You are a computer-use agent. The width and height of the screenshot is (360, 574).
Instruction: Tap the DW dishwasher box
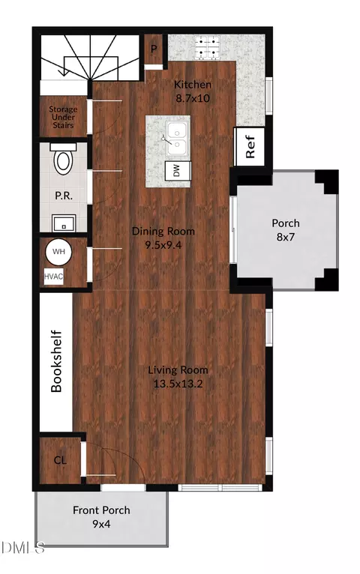(178, 171)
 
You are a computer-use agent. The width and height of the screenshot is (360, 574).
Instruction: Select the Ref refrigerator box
(249, 147)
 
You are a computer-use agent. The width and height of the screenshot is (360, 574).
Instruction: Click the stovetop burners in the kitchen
(207, 48)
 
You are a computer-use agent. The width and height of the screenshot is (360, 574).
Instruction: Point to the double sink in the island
(176, 139)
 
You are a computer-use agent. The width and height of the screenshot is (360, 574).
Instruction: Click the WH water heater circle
(58, 252)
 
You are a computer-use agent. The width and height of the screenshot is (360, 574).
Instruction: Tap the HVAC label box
(53, 277)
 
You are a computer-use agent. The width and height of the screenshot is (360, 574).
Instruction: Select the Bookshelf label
(56, 361)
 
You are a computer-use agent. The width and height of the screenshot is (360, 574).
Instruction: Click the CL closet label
(60, 460)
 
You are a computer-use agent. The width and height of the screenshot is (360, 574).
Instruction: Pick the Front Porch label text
(101, 510)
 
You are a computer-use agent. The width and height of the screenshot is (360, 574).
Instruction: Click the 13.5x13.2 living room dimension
(178, 384)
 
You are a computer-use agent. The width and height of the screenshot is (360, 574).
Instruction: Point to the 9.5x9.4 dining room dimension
(163, 245)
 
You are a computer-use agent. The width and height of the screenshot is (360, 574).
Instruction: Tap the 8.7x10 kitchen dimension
(193, 98)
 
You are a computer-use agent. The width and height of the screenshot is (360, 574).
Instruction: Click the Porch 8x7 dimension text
(285, 238)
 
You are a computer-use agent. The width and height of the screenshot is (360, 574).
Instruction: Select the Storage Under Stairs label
(63, 117)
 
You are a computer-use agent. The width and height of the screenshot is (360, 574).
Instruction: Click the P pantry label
(154, 49)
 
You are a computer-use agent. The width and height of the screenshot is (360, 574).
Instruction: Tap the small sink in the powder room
(64, 223)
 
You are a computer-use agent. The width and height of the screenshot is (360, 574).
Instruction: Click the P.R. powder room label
(64, 196)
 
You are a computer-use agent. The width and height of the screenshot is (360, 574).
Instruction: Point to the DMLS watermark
(22, 548)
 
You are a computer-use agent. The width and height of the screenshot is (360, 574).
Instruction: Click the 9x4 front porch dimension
(101, 525)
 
